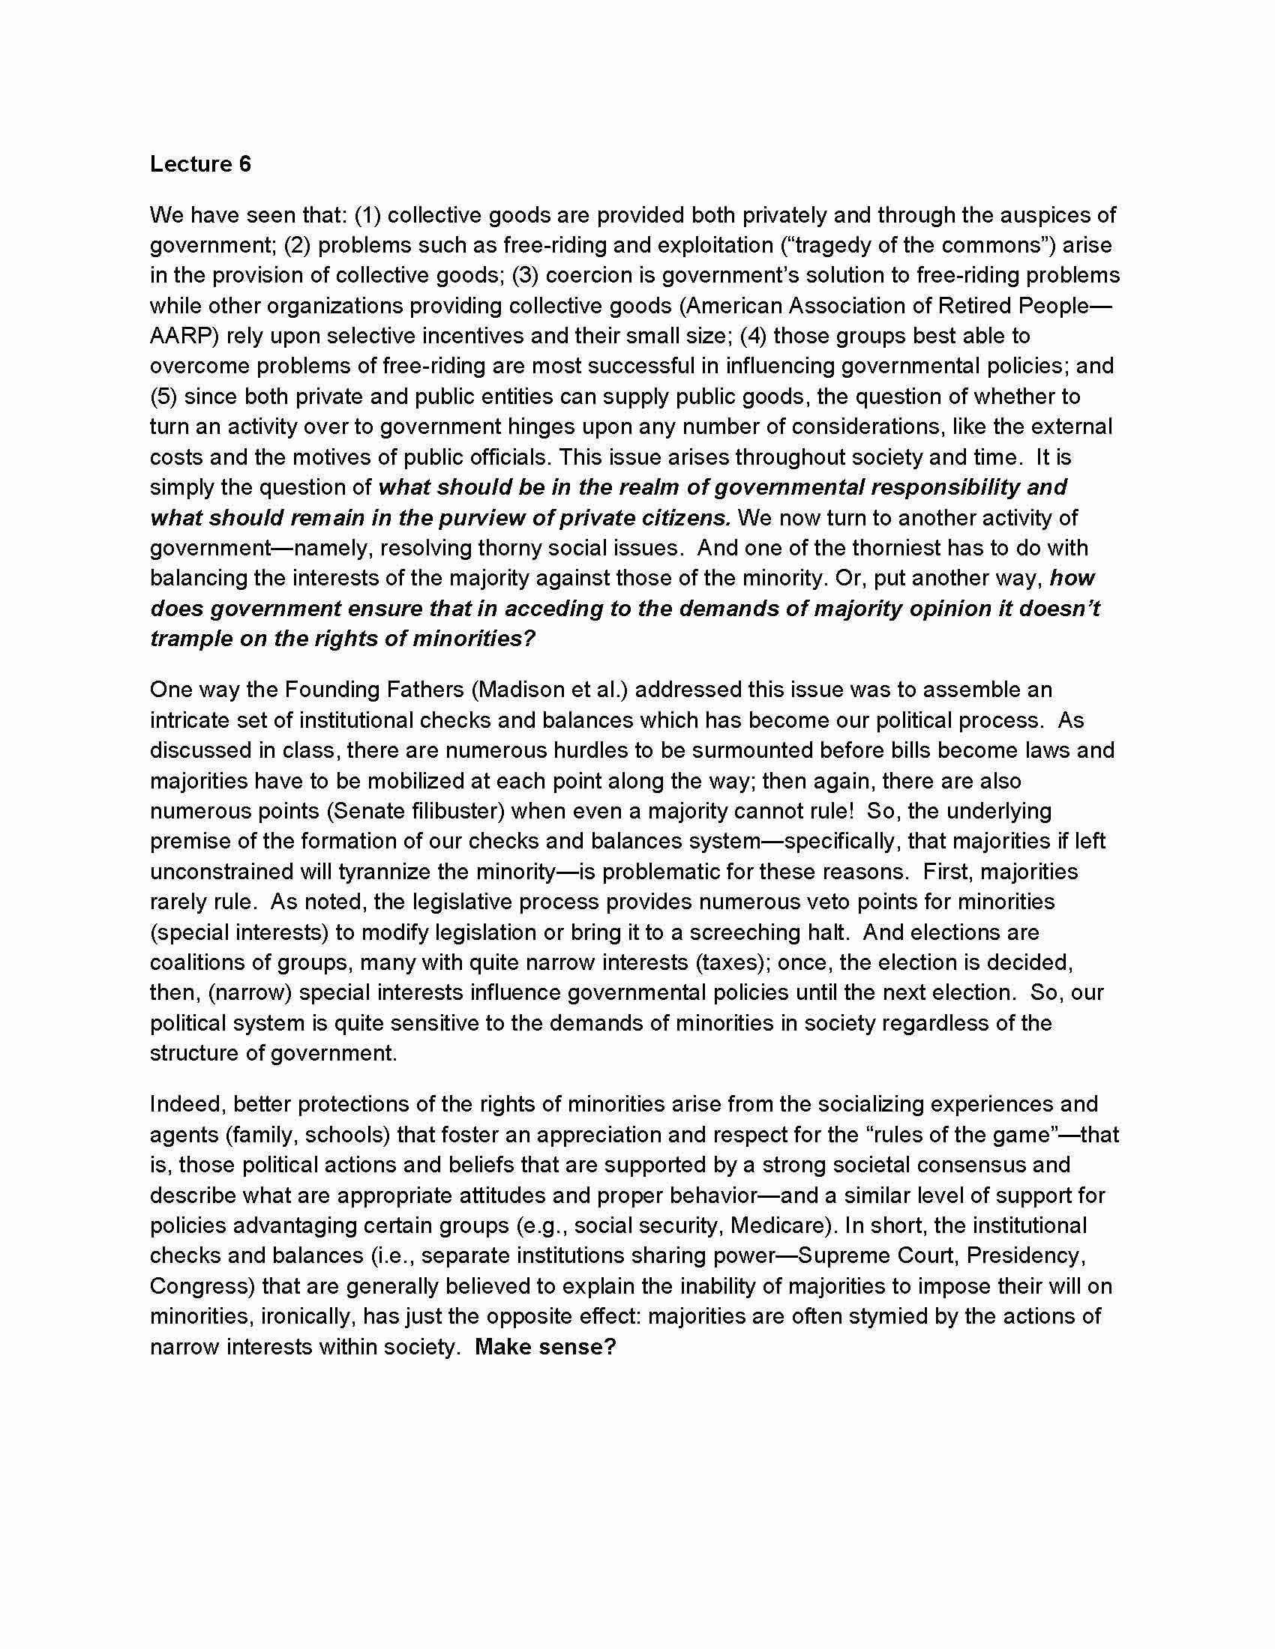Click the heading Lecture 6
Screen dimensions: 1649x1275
[200, 164]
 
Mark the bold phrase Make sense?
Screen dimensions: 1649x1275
[546, 1347]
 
